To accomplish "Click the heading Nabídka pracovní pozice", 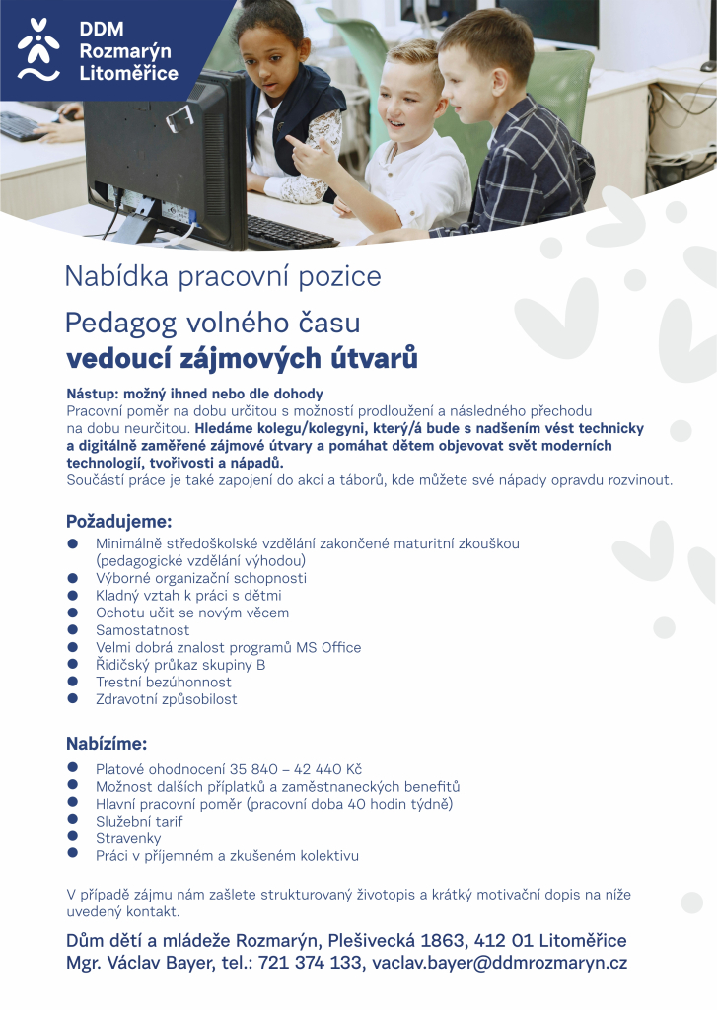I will (x=222, y=276).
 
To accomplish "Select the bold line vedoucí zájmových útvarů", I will (x=242, y=358).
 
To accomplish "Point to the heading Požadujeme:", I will (x=118, y=521).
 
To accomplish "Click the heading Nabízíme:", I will (x=106, y=743).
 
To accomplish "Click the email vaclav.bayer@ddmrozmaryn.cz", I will (x=499, y=964).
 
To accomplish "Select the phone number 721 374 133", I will (x=310, y=964).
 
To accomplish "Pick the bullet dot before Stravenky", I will (x=72, y=836).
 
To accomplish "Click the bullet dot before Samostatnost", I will (x=72, y=628).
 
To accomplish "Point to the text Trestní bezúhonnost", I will (x=164, y=683).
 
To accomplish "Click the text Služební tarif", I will (x=139, y=822).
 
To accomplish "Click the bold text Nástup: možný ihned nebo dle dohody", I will (x=194, y=394).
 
